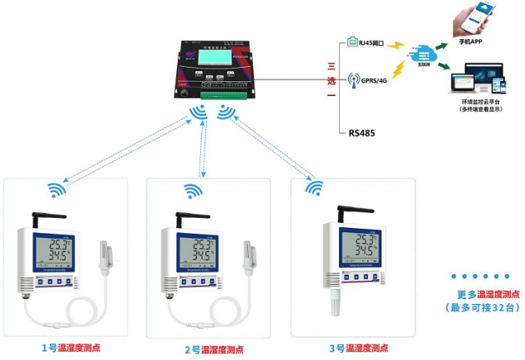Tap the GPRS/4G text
pos(374,81)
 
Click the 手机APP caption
pos(471,41)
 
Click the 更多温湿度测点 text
pos(488,294)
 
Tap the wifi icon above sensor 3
pos(314,189)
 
